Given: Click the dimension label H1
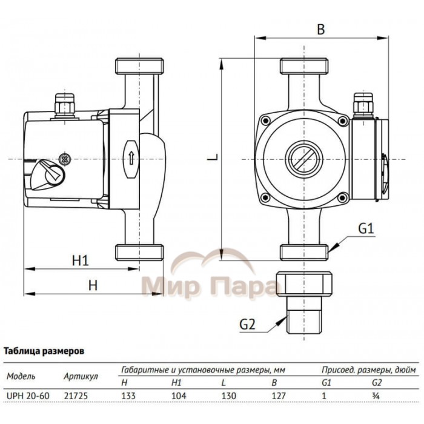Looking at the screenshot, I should tap(80, 260).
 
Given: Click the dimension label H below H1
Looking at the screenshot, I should tap(92, 285).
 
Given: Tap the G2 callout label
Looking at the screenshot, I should tap(247, 324).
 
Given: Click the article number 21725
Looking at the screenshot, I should tap(73, 394).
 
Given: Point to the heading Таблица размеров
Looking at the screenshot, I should tap(44, 350).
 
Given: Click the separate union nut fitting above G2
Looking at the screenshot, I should tap(304, 284).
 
